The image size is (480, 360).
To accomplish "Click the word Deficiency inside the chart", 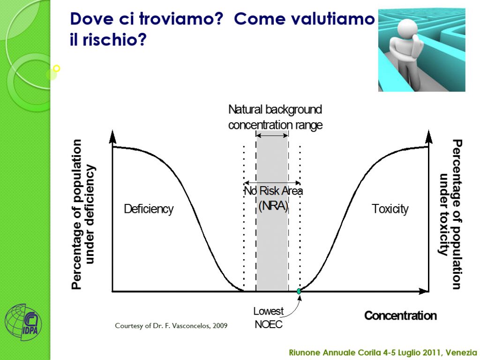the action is (149, 209).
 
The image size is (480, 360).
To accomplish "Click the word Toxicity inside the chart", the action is (390, 209).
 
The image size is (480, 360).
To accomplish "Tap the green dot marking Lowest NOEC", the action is (299, 292).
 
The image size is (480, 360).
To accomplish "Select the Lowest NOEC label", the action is (269, 318).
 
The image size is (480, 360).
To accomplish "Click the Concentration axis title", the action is (400, 315).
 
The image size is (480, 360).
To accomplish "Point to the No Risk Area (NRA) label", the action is (273, 198).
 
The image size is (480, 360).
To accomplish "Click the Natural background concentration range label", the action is (275, 117).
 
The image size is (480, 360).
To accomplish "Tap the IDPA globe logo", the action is (23, 322).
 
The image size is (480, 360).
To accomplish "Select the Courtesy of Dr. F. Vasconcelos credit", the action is (171, 326).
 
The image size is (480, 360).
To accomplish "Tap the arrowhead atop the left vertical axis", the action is (112, 136).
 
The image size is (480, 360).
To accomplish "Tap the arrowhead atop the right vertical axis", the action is (429, 136).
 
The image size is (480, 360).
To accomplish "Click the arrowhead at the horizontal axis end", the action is (423, 292).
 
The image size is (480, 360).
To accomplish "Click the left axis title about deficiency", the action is (83, 214).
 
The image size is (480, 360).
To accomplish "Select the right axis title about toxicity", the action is (450, 214).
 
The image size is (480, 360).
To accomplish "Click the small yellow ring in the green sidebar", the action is (56, 68).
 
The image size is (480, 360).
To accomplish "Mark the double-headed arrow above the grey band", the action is (272, 135).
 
